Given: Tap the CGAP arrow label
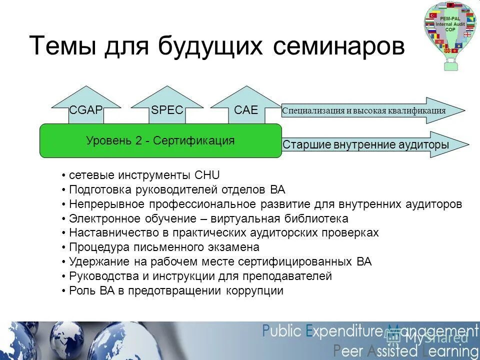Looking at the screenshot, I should tap(86, 110).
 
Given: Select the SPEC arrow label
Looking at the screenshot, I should tap(167, 110).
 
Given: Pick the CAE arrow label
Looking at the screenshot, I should tap(246, 110).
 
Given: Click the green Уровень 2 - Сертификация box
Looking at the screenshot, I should tap(160, 140).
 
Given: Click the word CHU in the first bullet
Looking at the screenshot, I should tap(207, 175).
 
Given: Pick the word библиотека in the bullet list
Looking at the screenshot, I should tap(315, 219).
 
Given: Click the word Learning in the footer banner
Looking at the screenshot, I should tap(443, 350).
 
